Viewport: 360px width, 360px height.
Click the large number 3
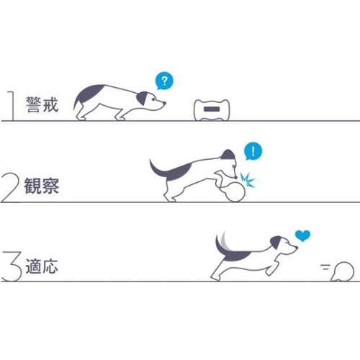[x=12, y=266]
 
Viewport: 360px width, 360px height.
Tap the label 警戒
[x=42, y=104]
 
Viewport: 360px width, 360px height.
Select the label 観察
[x=42, y=186]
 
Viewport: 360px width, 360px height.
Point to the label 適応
[x=42, y=266]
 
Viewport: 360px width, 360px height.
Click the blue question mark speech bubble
[x=164, y=81]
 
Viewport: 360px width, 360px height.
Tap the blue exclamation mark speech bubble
[x=253, y=152]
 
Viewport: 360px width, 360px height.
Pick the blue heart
[x=302, y=235]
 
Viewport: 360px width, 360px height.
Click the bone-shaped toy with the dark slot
[x=212, y=109]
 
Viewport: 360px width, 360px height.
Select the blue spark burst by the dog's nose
[x=247, y=180]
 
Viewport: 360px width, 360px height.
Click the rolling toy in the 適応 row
[x=342, y=271]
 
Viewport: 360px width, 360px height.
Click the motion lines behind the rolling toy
[x=325, y=267]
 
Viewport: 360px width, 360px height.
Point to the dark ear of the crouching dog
[x=142, y=98]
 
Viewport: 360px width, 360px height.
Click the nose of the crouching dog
[x=164, y=103]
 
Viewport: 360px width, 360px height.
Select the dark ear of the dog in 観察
[x=228, y=156]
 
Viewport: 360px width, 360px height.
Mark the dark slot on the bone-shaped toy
[x=212, y=109]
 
